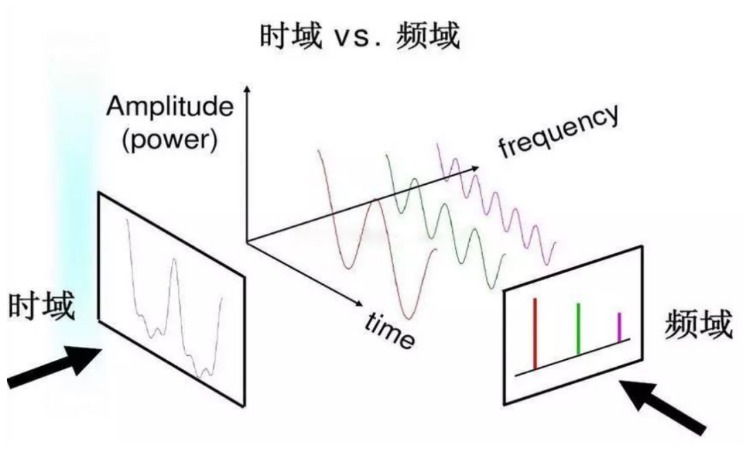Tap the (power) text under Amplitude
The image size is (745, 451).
tap(170, 139)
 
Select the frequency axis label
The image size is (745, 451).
tap(559, 131)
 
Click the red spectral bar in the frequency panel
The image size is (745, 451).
tap(535, 333)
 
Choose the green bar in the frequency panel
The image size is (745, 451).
tap(578, 328)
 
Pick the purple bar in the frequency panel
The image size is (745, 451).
tap(619, 327)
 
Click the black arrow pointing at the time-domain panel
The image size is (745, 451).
tap(54, 367)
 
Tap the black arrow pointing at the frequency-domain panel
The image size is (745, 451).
tap(664, 406)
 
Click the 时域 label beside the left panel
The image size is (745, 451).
tap(42, 306)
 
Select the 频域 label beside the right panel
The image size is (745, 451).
tap(697, 325)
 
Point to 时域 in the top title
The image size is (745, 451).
tap(291, 36)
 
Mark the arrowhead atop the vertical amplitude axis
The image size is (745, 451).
tap(246, 89)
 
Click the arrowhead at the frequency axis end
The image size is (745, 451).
tap(475, 168)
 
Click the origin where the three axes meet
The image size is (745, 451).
tap(246, 240)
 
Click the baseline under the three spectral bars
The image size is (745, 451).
tap(573, 357)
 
